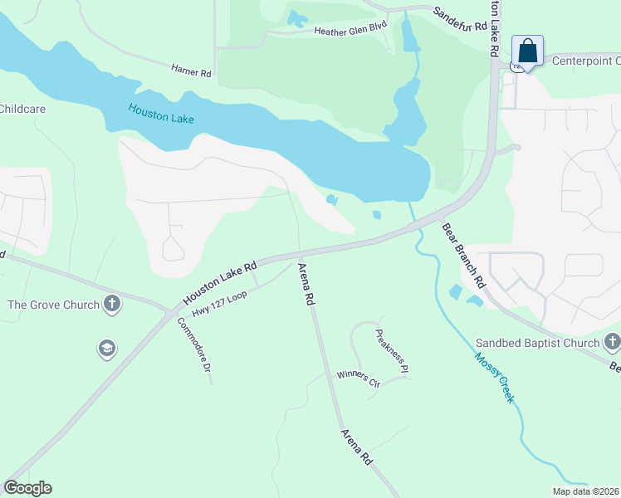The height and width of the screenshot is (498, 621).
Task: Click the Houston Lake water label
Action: (161, 113)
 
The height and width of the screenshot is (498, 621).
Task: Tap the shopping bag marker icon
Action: (527, 51)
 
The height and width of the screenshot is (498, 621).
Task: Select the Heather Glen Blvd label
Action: (350, 31)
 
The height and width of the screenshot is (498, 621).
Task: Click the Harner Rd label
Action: (192, 72)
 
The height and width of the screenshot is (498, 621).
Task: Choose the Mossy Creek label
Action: (495, 378)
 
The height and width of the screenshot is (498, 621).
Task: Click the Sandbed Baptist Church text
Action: (537, 343)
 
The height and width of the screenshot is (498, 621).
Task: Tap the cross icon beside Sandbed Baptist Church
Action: (612, 341)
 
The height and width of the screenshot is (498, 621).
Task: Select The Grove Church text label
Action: (53, 305)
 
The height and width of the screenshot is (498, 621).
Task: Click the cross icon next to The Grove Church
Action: (112, 305)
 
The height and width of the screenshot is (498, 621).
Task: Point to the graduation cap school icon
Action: (106, 349)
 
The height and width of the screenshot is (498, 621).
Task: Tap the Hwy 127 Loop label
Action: (219, 305)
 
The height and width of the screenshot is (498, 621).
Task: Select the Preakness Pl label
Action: (393, 351)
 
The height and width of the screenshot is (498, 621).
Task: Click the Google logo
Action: (27, 488)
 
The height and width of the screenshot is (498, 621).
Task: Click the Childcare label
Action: (22, 109)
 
